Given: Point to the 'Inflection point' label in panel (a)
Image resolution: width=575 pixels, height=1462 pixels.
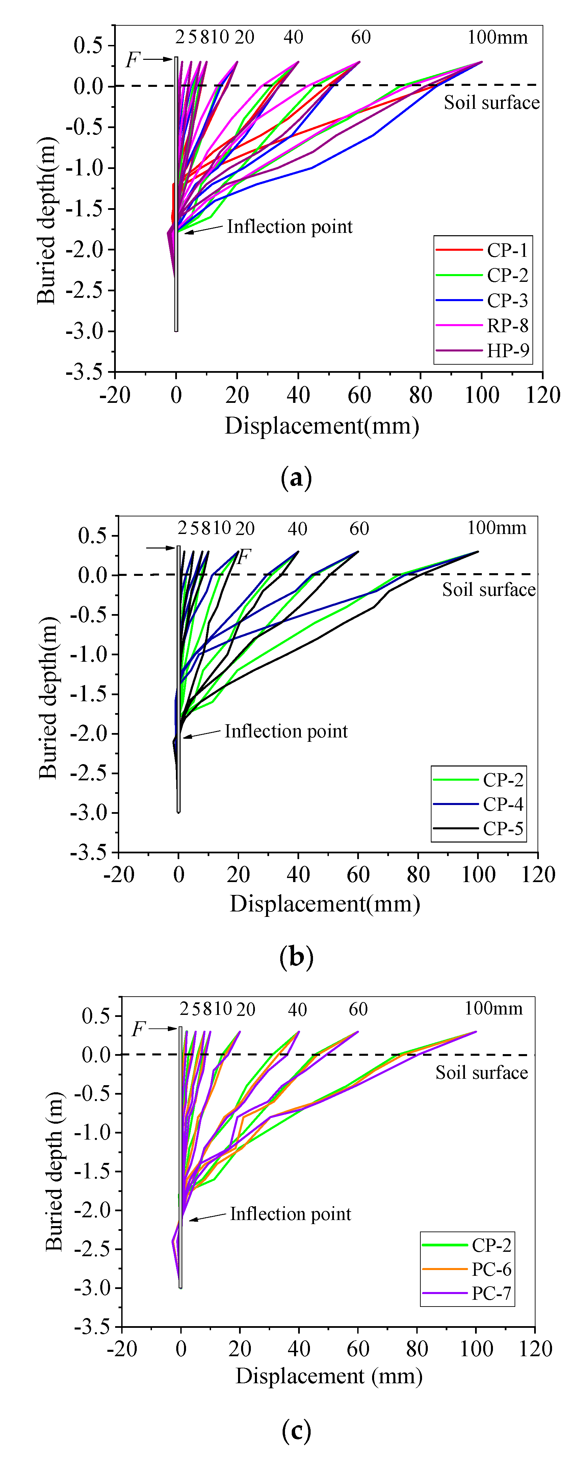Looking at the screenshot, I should tap(289, 227).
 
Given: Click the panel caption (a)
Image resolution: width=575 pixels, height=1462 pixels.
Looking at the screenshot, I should tap(296, 478).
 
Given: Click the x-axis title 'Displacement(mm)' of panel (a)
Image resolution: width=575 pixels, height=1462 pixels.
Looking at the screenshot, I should tap(321, 426).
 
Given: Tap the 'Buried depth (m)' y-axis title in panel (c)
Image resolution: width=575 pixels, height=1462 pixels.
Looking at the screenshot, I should tap(54, 1171).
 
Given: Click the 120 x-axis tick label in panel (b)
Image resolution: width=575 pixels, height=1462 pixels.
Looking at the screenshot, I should tap(538, 875).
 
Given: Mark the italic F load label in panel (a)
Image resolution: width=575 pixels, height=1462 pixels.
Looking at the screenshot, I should tap(133, 59).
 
